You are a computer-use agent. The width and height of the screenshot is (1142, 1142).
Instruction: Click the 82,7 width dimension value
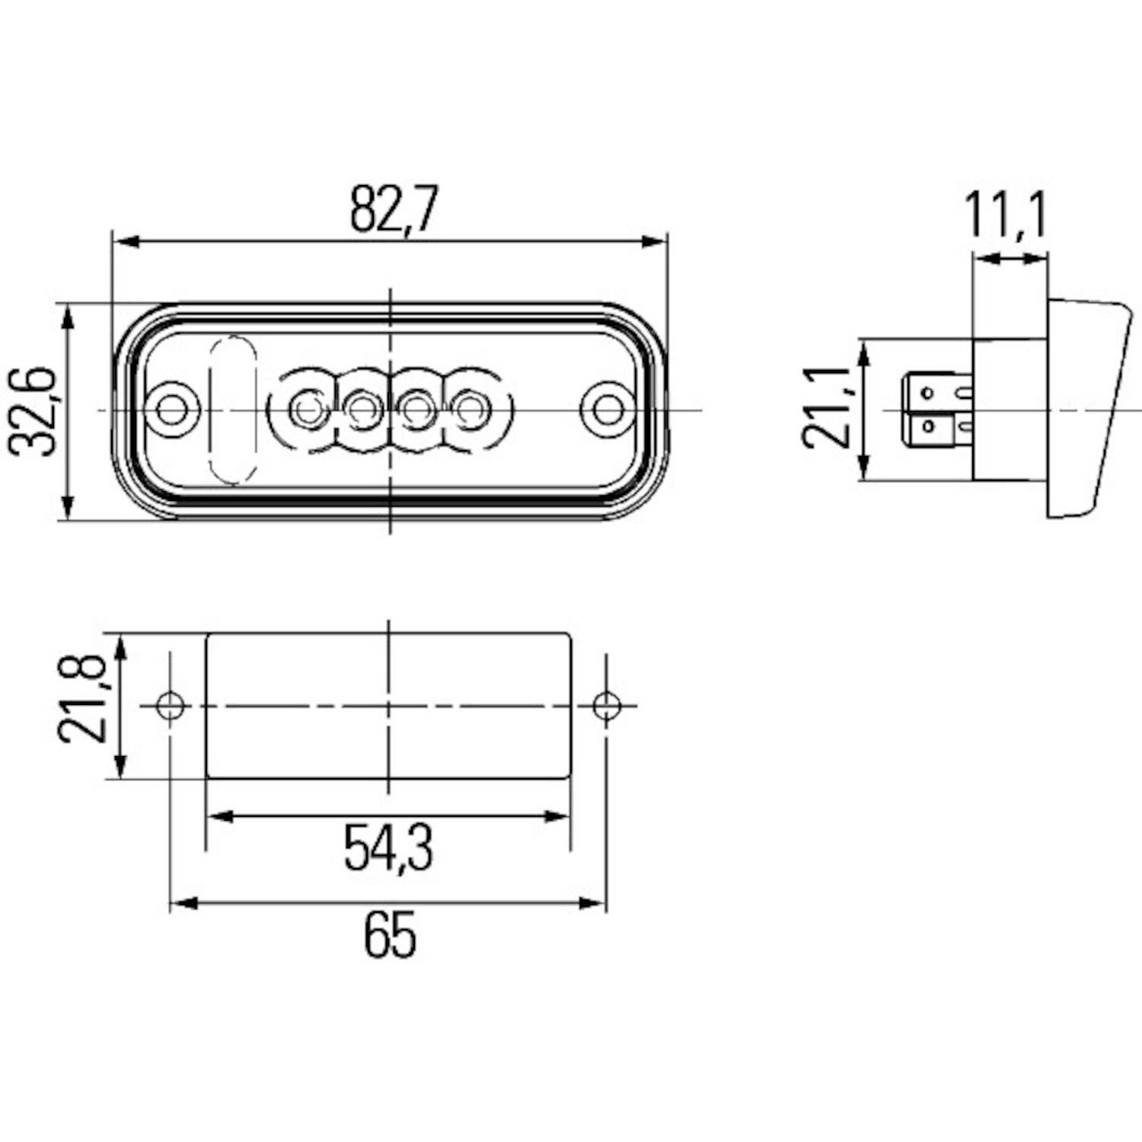coord(394,209)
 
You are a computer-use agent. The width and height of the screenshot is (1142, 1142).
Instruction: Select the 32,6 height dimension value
coord(33,412)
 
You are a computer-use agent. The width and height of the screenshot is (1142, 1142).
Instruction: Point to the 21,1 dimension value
coord(827,407)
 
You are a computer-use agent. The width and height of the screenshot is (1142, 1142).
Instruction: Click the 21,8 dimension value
coord(81,698)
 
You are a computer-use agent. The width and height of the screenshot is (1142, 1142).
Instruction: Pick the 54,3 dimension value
coord(388,848)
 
